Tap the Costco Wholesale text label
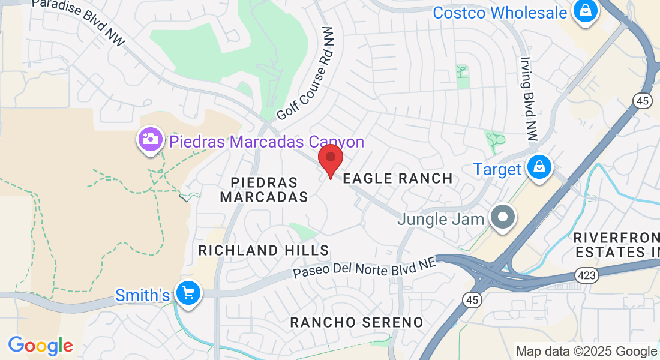[x=500, y=12]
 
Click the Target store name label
[x=497, y=169]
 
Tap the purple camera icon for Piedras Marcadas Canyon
[x=151, y=140]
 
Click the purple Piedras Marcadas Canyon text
[x=266, y=142]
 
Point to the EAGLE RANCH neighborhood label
[x=397, y=178]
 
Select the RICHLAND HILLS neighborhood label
[x=264, y=250]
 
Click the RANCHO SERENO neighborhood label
[x=357, y=322]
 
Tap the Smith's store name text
[x=143, y=295]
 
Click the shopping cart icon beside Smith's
[x=188, y=293]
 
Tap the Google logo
[x=40, y=346]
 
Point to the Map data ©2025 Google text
[x=586, y=351]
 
